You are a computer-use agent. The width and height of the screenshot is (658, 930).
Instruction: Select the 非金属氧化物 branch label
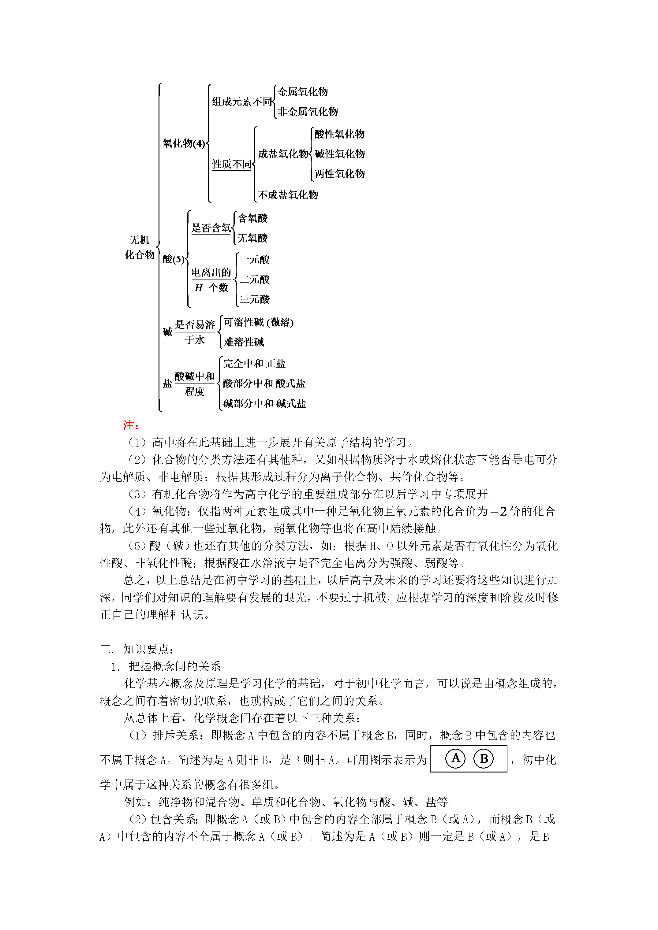[307, 112]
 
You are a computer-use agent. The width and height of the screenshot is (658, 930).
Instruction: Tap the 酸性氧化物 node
[339, 134]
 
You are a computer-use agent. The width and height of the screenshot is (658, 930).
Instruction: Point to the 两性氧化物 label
[339, 174]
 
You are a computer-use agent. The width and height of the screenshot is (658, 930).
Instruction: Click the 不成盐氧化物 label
[288, 195]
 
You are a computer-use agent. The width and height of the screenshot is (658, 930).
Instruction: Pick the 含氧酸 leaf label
[252, 218]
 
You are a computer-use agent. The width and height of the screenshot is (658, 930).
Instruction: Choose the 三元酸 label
[254, 299]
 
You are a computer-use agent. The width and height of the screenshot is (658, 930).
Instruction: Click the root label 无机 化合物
[140, 247]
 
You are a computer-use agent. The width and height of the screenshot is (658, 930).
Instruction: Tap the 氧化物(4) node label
[184, 143]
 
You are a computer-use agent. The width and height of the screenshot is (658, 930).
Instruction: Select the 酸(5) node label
[173, 259]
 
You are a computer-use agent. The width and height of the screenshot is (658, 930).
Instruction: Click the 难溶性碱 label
[244, 342]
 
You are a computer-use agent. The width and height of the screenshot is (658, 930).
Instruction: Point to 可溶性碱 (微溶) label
[258, 322]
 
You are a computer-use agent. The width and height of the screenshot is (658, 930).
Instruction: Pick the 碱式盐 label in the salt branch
[291, 403]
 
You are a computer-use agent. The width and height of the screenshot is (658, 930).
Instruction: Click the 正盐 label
[276, 364]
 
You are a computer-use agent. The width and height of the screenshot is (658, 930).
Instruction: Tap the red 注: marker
[131, 425]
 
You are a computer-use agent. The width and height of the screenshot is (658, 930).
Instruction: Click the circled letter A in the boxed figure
[456, 758]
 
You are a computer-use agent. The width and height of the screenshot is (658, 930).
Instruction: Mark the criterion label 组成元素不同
[242, 102]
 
